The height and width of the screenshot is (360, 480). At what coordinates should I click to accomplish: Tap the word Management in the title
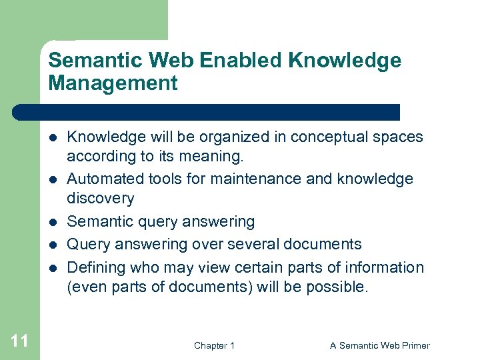tap(113, 83)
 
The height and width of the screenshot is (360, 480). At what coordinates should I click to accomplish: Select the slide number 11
tap(20, 341)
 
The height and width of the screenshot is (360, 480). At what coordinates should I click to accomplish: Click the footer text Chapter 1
tap(214, 345)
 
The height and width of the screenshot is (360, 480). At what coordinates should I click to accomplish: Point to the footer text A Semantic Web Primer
tap(380, 345)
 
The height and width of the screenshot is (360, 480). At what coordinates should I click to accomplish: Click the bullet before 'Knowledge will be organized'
tap(52, 137)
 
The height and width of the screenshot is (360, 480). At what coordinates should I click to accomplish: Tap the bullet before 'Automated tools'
tap(52, 179)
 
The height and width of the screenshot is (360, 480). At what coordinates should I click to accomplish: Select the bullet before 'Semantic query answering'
tap(52, 221)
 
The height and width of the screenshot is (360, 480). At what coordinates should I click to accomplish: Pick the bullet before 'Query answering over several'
tap(52, 245)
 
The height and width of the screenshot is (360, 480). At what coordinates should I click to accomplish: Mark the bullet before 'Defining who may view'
tap(52, 268)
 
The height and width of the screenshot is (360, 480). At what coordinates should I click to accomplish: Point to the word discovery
tap(101, 198)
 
